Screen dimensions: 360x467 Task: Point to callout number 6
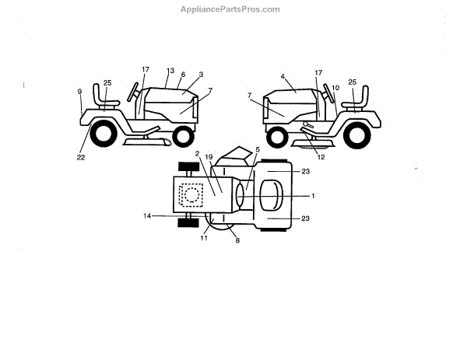pos(183,75)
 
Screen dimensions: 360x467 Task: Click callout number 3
pos(201,75)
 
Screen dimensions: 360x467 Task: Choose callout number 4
pos(283,77)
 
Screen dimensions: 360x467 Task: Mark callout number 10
pos(335,88)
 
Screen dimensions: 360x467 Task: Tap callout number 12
pos(321,157)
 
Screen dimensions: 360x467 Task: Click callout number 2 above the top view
pos(198,154)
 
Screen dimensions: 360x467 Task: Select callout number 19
pos(209,158)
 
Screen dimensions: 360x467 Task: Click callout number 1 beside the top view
pos(313,194)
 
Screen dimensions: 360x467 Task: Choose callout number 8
pos(237,241)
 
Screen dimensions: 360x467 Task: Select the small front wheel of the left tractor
pos(183,138)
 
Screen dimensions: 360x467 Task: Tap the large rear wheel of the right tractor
pos(359,136)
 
